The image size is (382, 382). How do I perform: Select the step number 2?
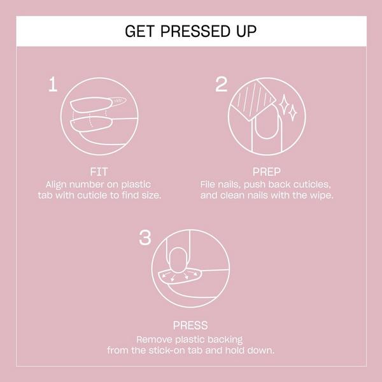(x=221, y=84)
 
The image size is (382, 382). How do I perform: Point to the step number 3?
(x=145, y=238)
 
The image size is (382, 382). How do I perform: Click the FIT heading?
(x=99, y=171)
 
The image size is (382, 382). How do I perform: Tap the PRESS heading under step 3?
(x=190, y=325)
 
